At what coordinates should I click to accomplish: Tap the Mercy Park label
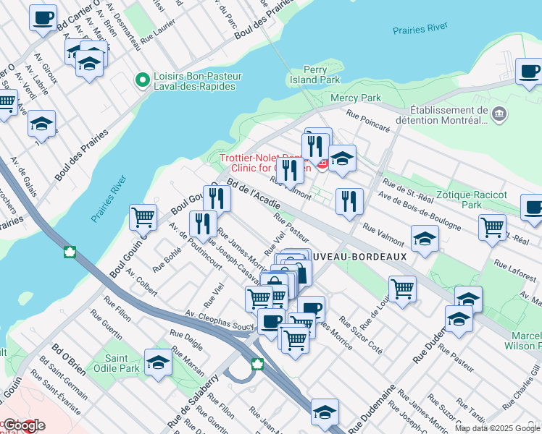tap(355, 98)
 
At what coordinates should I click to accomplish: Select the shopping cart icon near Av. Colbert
tap(143, 216)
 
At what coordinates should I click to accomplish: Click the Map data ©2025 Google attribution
tap(496, 428)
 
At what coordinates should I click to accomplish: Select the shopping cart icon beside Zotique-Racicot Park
tap(492, 226)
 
